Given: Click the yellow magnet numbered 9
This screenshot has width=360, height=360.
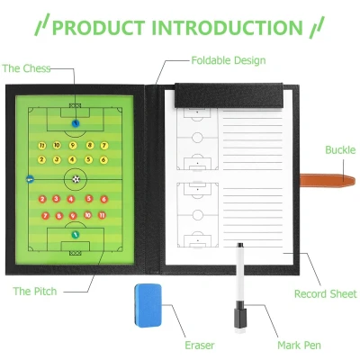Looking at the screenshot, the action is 73,146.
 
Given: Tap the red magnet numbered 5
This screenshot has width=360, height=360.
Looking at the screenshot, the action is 88,198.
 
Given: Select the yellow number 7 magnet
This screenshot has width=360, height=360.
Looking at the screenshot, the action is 103,146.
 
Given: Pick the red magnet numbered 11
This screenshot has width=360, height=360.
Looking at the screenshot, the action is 102,215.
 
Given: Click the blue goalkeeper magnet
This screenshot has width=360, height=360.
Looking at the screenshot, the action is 76,123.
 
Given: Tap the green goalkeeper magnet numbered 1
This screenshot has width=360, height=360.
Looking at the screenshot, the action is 76,235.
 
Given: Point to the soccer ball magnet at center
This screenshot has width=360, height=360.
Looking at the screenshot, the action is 76,179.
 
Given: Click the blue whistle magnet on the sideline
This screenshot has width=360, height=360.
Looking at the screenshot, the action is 30,179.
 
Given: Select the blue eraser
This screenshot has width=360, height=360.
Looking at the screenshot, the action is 148,305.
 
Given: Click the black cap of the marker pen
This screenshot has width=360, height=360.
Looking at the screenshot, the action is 240,315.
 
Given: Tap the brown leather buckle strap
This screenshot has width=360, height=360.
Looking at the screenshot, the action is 328,181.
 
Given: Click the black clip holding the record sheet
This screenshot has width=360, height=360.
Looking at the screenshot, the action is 229,95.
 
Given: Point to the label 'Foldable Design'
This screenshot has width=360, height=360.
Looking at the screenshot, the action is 229,60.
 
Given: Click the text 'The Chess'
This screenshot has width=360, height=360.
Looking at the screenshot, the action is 26,68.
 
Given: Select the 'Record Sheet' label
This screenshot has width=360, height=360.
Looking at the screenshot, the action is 326,293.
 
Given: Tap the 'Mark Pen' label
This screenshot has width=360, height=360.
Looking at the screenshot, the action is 299,345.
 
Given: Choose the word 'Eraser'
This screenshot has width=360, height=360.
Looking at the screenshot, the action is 200,345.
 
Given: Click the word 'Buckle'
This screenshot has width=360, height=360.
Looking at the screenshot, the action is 340,149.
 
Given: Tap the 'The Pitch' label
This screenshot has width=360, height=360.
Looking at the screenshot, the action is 35,291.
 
